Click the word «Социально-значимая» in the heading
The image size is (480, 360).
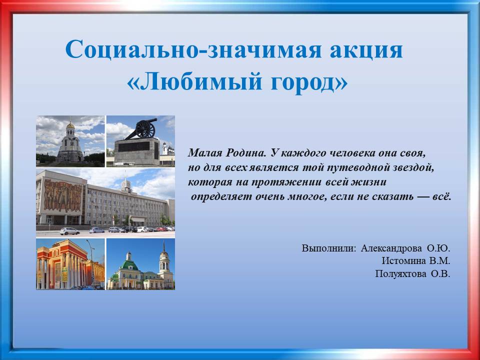point(193,49)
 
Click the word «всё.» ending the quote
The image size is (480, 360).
point(441,196)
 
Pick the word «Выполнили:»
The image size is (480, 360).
point(329,248)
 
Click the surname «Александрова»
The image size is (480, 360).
point(390,248)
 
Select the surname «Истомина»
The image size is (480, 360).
point(404,261)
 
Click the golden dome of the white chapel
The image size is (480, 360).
point(70,125)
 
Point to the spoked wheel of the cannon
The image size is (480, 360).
point(145,129)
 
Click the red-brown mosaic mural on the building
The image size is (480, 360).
point(63,196)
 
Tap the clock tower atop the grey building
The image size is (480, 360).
point(126,184)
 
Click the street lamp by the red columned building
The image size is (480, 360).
point(90,263)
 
